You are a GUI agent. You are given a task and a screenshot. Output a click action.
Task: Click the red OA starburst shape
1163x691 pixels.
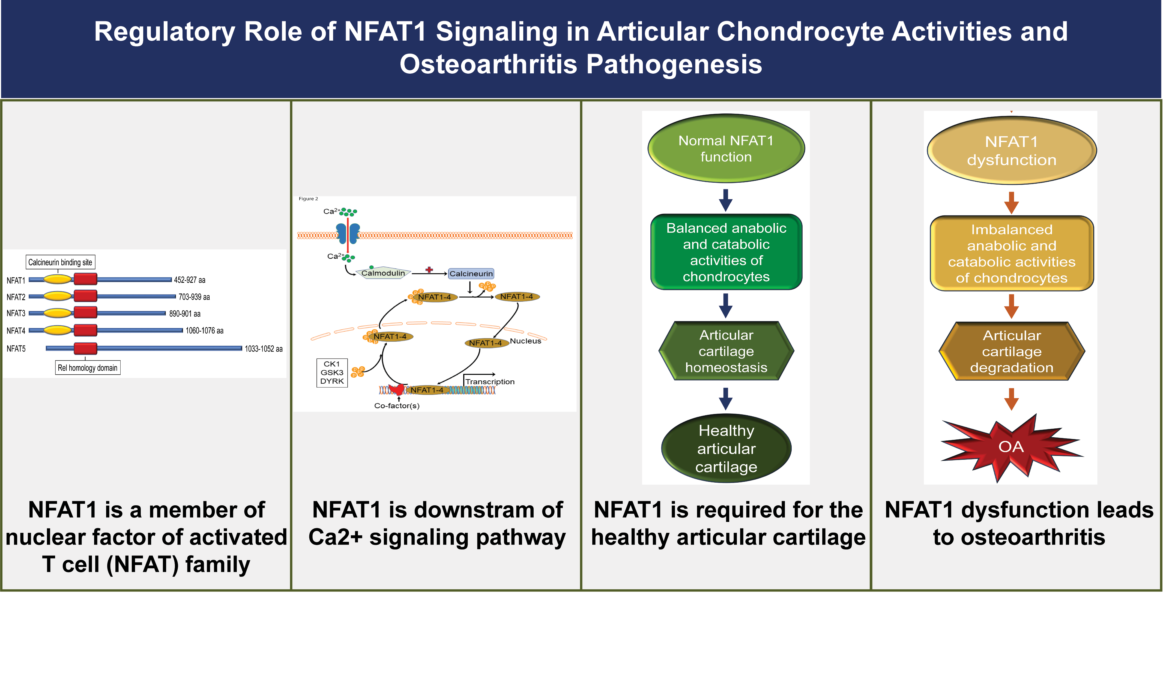[x=1011, y=447]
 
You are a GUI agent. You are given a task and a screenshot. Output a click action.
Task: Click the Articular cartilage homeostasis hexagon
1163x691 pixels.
[x=726, y=351]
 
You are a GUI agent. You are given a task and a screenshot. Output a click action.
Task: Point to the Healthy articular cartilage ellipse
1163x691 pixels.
[x=726, y=448]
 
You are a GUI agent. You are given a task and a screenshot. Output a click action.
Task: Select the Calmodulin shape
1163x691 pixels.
[x=383, y=273]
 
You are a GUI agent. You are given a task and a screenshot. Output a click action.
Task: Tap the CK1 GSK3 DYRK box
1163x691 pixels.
[x=332, y=372]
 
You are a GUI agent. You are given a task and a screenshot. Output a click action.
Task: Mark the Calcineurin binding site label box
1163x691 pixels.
[x=60, y=262]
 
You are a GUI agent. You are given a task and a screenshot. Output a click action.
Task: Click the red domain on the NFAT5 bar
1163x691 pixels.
[x=85, y=348]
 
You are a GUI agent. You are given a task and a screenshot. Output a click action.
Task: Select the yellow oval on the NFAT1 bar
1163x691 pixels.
[x=58, y=280]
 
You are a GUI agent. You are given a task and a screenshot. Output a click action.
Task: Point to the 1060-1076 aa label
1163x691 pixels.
[x=204, y=331]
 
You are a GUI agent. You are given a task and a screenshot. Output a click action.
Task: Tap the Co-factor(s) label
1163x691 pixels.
[x=397, y=405]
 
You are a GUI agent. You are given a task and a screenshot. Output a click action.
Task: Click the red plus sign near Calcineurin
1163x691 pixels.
[x=429, y=270]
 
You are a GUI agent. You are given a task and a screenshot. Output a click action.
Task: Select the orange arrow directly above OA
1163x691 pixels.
[x=1011, y=399]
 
